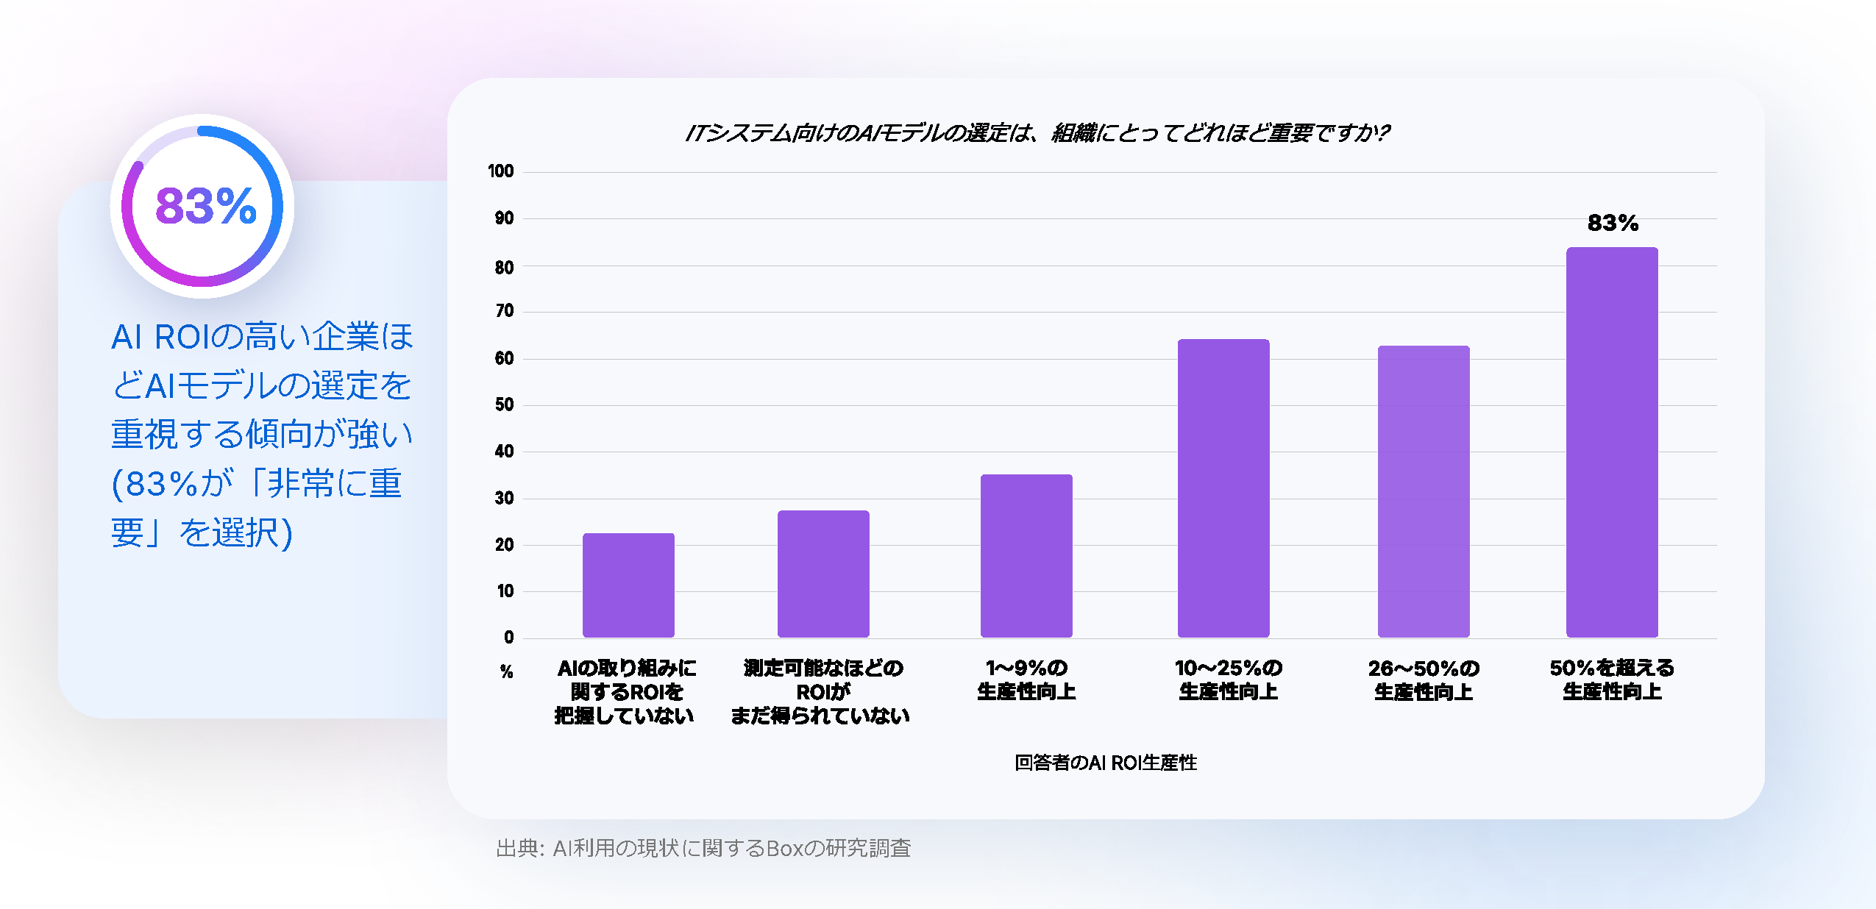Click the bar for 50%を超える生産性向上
(1611, 442)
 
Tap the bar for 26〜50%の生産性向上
(1423, 491)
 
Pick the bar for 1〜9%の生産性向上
(1026, 555)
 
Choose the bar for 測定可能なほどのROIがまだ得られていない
(822, 574)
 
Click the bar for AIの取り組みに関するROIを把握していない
(628, 585)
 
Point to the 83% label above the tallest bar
(1613, 223)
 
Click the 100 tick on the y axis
(500, 171)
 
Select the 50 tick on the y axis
(504, 404)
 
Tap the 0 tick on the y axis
(508, 638)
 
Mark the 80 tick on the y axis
(504, 267)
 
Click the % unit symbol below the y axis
(506, 671)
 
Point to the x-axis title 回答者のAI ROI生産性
(1105, 763)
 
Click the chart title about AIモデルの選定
(1037, 133)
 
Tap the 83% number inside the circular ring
(205, 205)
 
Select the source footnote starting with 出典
(703, 848)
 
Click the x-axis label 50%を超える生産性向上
(1611, 680)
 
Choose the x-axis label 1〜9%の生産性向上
(1026, 680)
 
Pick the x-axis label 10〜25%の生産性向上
(1227, 680)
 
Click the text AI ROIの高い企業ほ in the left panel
(262, 337)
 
